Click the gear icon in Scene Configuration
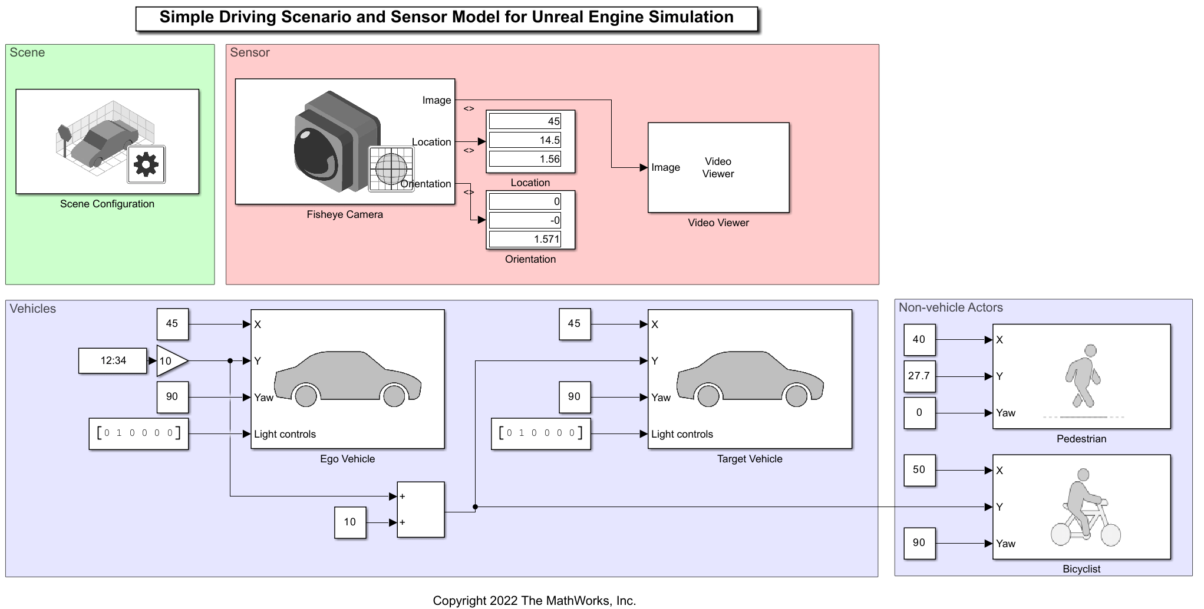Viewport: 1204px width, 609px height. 146,164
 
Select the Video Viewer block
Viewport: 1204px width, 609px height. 718,168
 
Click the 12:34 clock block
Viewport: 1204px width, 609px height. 113,360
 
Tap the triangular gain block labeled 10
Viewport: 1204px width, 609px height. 170,361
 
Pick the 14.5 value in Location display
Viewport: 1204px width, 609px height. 525,140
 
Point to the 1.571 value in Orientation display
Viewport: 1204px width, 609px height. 525,239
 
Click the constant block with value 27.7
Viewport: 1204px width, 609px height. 919,376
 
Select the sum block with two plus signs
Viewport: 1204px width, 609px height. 420,509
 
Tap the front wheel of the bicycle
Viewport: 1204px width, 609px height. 1110,535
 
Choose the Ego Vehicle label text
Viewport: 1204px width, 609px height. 347,459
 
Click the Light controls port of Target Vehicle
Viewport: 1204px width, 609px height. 682,434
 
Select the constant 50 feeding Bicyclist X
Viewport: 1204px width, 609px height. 919,470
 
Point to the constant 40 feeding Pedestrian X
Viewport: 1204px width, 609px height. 919,339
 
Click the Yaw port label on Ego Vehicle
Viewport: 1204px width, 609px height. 263,398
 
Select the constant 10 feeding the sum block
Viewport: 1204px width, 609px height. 350,522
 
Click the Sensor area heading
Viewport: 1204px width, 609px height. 250,52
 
